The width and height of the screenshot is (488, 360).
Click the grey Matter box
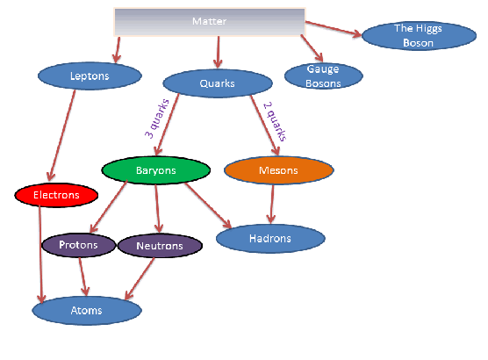coord(210,22)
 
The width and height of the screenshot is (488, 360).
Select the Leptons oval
coord(90,76)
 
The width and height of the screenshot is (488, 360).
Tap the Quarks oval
coord(218,83)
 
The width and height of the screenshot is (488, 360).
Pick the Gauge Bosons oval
coord(323,76)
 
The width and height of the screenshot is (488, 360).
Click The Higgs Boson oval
coord(419,35)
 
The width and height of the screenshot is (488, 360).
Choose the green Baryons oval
coord(156,170)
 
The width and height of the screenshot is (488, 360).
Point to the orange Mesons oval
coord(279,170)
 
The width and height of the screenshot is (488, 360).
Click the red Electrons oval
coord(56,195)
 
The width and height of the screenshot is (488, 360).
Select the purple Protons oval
coord(79,245)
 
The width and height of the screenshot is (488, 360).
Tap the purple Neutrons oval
coord(160,246)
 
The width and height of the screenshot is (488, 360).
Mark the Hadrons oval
coord(270,239)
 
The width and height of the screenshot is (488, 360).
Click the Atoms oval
coord(87,311)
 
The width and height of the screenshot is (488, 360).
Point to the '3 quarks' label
coord(157,119)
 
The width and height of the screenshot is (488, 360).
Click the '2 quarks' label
coord(275,121)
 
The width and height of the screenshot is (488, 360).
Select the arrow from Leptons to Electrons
coord(62,135)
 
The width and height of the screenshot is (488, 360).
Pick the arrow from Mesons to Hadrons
coord(272,204)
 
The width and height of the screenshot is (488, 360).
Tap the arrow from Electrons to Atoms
coord(40,255)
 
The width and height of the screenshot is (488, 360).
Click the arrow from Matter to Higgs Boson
coord(334,29)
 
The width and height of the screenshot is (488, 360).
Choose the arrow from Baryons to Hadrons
coord(208,205)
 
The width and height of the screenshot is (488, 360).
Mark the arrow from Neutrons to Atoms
coord(140,278)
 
